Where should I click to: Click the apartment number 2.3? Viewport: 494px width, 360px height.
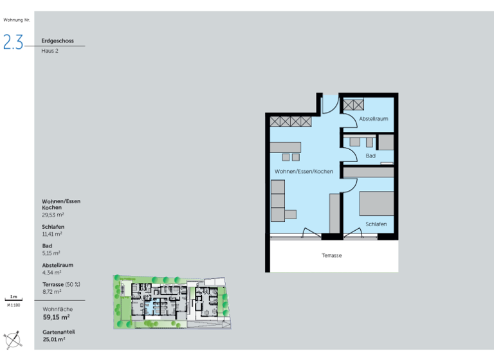point(13,42)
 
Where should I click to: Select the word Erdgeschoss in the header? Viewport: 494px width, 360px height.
point(57,40)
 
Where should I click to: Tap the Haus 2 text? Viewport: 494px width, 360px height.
point(50,51)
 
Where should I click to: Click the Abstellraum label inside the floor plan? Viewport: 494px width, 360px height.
point(374,119)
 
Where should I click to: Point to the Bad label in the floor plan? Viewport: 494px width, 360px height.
point(370,156)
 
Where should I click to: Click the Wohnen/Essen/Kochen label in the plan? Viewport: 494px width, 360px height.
point(304,172)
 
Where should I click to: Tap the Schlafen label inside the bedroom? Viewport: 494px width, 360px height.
point(376,224)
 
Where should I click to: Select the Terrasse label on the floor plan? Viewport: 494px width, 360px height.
point(332,255)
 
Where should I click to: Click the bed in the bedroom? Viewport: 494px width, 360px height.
point(376,203)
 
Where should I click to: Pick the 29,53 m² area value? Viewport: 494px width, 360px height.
point(53,215)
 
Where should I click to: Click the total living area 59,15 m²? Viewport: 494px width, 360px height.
point(57,317)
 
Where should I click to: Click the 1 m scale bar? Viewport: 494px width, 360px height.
point(14,299)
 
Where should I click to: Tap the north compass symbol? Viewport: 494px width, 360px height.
point(12,339)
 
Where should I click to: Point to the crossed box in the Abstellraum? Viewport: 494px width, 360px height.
point(352,105)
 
